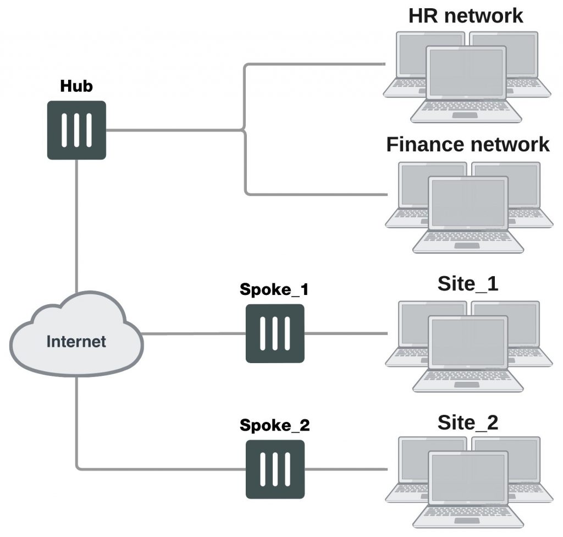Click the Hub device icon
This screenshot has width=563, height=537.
click(76, 130)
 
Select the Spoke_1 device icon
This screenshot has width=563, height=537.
click(275, 333)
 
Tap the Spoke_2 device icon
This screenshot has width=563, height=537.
click(275, 469)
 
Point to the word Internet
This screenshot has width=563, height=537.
click(76, 341)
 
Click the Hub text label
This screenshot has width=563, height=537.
click(76, 86)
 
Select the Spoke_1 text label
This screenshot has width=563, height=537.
click(274, 290)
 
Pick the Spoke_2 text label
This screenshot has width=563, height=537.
click(274, 425)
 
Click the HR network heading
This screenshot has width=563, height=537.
click(466, 15)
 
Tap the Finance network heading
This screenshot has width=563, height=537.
click(468, 144)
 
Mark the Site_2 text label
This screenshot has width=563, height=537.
click(468, 422)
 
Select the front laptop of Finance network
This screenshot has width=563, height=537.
click(468, 215)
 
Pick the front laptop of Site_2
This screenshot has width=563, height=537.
click(468, 490)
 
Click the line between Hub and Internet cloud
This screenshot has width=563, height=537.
click(76, 226)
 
